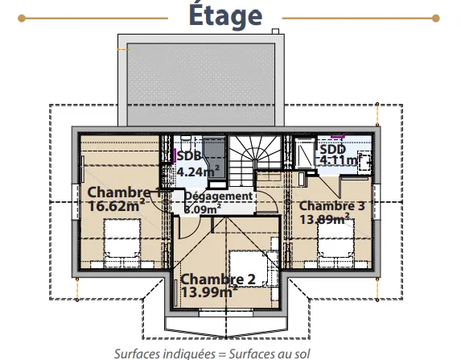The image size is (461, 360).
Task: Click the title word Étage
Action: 225,15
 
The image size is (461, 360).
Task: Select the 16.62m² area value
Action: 117,205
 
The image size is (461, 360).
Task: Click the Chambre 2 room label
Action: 218,279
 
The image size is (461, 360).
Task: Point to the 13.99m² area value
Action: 209,292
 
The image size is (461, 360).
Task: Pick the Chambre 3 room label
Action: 332,205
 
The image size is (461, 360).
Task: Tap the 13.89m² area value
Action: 324,219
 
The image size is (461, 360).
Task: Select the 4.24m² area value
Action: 198,172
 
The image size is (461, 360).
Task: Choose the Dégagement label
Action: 219,196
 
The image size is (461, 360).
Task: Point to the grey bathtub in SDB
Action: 215,158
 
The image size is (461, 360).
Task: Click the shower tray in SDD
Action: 303,153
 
